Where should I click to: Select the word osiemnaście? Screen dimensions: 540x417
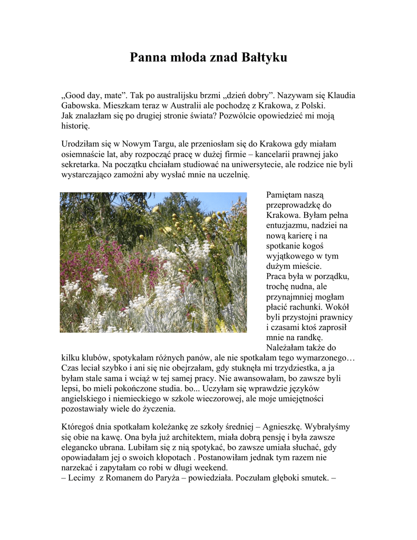tap(85, 154)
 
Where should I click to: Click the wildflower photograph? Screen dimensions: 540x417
tap(153, 262)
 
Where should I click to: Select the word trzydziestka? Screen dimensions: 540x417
tap(293, 368)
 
